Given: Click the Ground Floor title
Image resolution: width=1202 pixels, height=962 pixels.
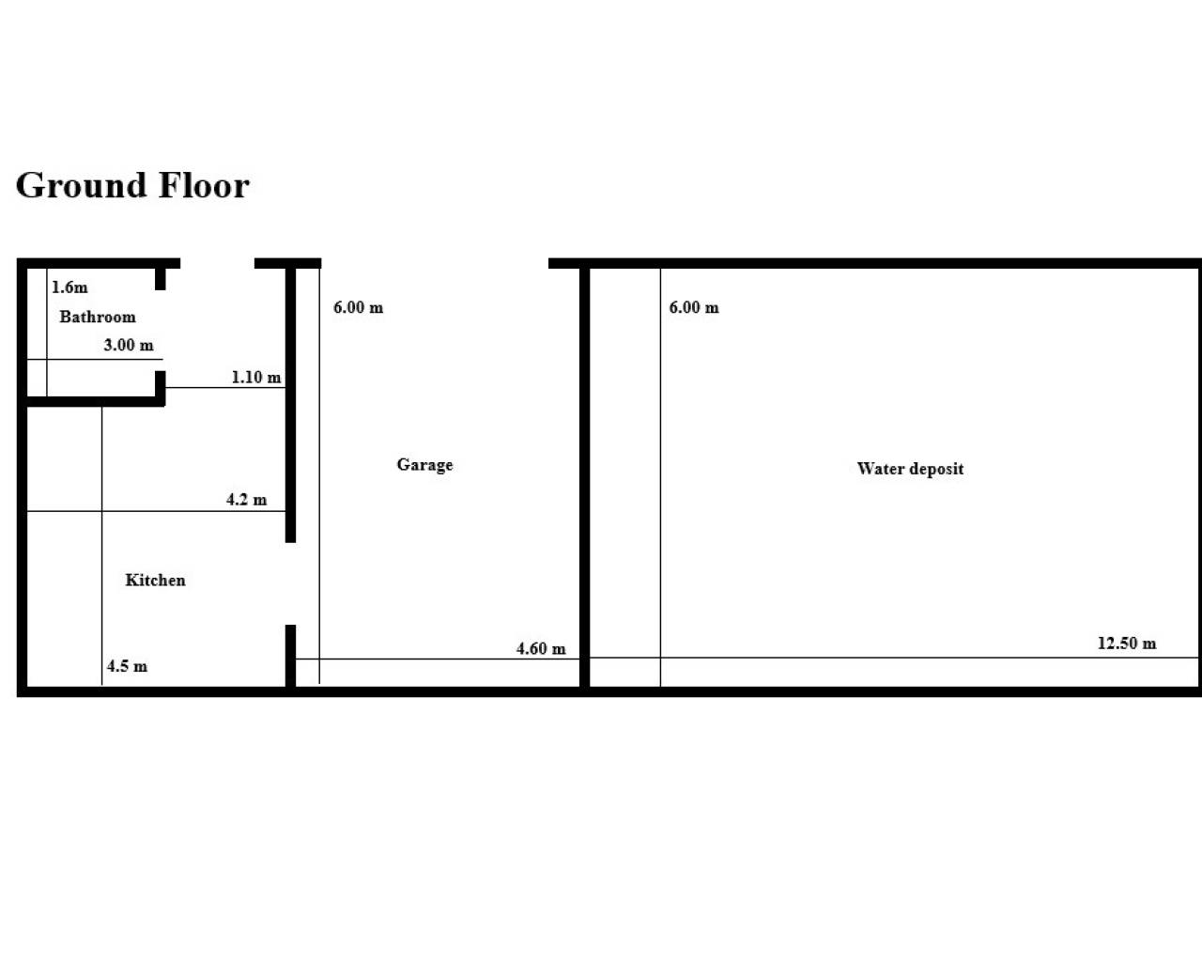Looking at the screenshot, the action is coord(132,185).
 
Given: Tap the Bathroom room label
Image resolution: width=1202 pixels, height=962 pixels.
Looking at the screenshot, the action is coord(98,317).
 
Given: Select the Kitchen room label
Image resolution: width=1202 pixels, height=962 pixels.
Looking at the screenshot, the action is coord(155,581).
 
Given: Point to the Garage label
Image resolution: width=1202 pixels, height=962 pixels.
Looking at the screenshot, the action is coord(424,465).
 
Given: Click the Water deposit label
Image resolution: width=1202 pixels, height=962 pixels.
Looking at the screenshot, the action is coord(911,469).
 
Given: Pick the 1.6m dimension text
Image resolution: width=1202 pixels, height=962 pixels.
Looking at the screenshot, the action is coord(69,287).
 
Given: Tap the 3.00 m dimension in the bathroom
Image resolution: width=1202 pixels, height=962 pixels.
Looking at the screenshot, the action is coord(129,345).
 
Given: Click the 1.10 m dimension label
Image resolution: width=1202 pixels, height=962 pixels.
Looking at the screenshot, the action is coord(256,378).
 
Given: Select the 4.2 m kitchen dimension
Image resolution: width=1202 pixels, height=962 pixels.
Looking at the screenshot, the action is coord(246,500).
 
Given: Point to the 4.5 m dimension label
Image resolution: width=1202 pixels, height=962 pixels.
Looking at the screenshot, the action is coord(128,666).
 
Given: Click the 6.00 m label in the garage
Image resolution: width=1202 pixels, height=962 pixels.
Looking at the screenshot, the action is coord(358,307).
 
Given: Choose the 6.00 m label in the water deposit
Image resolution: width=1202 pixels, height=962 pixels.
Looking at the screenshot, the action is coord(694,307).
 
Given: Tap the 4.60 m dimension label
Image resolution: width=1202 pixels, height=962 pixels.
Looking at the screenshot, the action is coord(541,649).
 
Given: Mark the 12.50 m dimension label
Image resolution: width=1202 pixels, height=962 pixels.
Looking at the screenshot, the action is coord(1127,644).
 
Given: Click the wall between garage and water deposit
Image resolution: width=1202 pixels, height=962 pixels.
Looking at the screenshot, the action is coord(584,478).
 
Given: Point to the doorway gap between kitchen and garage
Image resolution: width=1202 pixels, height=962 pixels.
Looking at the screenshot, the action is coord(290,583).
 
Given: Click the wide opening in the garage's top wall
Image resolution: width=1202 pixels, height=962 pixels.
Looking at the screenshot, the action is coord(435,263).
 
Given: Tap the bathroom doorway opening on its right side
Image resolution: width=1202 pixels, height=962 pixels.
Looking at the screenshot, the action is coord(161,331).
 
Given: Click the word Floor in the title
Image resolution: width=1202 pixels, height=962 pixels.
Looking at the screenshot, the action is coord(204,185).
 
